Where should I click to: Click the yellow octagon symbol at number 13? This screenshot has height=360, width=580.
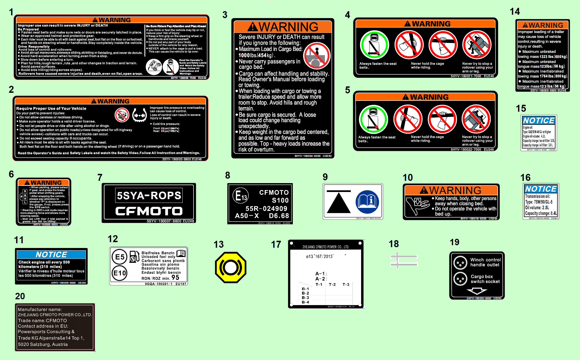point(231,267)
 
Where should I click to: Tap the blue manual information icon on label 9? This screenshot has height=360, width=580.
point(367,202)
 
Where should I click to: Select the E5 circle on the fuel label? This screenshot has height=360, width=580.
point(120,257)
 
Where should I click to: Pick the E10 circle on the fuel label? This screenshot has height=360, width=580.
point(120,273)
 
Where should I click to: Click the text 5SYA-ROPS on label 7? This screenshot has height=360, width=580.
point(149,196)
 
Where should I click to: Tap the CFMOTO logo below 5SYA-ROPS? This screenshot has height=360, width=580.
point(149,211)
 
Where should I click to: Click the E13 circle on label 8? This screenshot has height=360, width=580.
point(240,196)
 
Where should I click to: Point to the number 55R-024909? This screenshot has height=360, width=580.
point(266,209)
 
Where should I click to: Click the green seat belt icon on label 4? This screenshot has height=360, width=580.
point(374,45)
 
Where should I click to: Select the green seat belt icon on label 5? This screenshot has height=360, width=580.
point(373,120)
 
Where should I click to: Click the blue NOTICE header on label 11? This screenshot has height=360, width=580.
point(51,254)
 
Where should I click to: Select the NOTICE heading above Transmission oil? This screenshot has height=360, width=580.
point(541,189)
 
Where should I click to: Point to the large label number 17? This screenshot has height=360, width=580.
point(276,245)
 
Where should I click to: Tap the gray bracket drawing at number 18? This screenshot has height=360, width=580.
point(404,260)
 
